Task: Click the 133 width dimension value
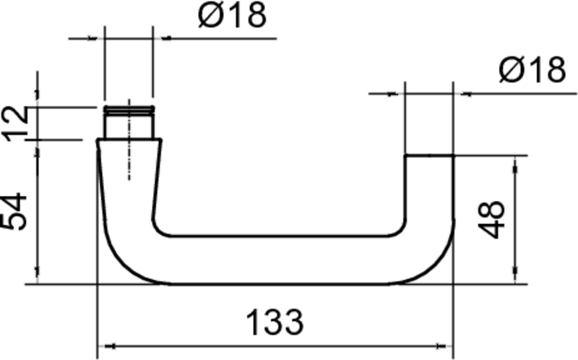[x=274, y=322]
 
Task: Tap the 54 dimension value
[x=16, y=211]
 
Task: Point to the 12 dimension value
[x=16, y=122]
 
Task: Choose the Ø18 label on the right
[x=532, y=71]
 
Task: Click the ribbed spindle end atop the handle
[x=129, y=110]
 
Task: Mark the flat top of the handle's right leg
[x=428, y=155]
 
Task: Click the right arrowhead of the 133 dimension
[x=448, y=345]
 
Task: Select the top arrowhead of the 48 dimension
[x=515, y=161]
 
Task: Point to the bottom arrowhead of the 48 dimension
[x=515, y=278]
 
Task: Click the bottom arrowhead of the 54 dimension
[x=37, y=278]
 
